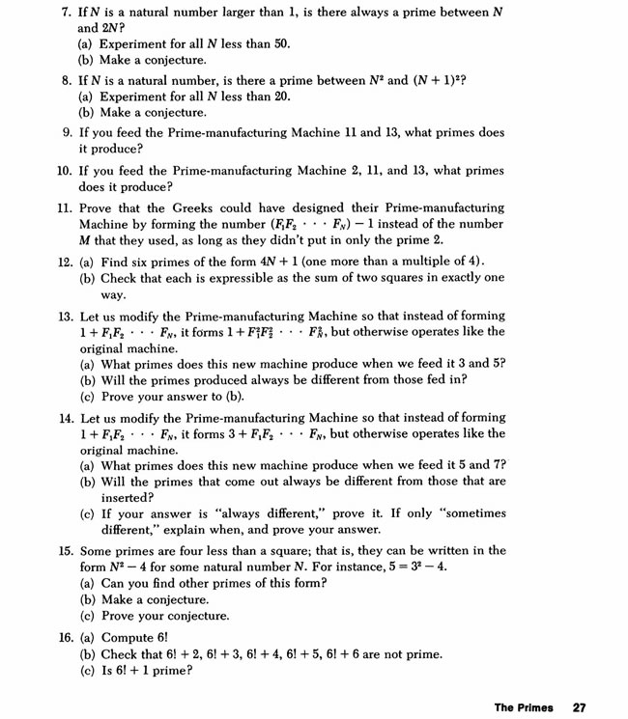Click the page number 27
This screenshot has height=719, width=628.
[x=579, y=706]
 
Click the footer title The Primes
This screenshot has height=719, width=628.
[x=524, y=706]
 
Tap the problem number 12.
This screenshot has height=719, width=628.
[x=65, y=262]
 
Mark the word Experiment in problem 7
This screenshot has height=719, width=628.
[x=136, y=44]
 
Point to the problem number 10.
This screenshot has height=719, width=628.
[x=65, y=171]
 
